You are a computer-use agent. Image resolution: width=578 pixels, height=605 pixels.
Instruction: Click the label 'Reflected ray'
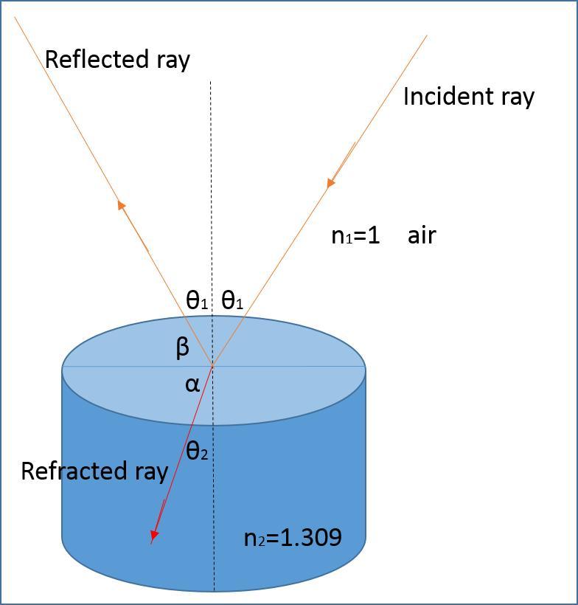click(x=117, y=59)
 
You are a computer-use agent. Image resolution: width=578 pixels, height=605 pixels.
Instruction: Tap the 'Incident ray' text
click(x=468, y=97)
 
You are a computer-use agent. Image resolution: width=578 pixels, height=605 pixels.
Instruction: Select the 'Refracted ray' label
click(x=94, y=471)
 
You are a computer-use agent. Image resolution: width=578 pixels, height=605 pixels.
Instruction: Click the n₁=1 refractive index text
click(x=355, y=235)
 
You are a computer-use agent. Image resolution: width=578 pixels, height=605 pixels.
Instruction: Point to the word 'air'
click(x=422, y=235)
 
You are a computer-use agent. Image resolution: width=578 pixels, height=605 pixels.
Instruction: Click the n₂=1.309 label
click(x=293, y=537)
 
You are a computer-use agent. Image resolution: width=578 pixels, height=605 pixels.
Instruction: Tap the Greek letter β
click(x=183, y=347)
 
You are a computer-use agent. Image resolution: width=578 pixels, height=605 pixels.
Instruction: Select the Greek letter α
click(x=192, y=384)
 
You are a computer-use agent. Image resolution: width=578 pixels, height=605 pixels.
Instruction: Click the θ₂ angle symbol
click(x=197, y=451)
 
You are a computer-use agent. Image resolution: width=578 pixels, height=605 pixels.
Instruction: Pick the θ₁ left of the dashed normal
click(x=197, y=300)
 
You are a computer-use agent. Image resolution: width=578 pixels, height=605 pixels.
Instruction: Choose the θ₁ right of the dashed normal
click(x=232, y=300)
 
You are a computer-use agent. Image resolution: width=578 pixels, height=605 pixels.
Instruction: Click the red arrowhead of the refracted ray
click(x=154, y=536)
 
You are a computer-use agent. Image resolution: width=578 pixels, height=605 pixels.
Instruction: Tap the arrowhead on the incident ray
click(x=331, y=181)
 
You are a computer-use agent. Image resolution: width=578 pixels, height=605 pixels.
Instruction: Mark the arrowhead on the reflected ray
click(x=122, y=206)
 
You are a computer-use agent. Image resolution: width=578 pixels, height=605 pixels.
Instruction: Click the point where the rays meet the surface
click(x=212, y=365)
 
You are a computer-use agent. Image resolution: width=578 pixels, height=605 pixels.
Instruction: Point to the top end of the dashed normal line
click(x=211, y=82)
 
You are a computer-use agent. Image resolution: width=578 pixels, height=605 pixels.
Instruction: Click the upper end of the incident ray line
click(x=427, y=35)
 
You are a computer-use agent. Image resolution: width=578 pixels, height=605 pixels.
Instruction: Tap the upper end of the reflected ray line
click(x=15, y=18)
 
